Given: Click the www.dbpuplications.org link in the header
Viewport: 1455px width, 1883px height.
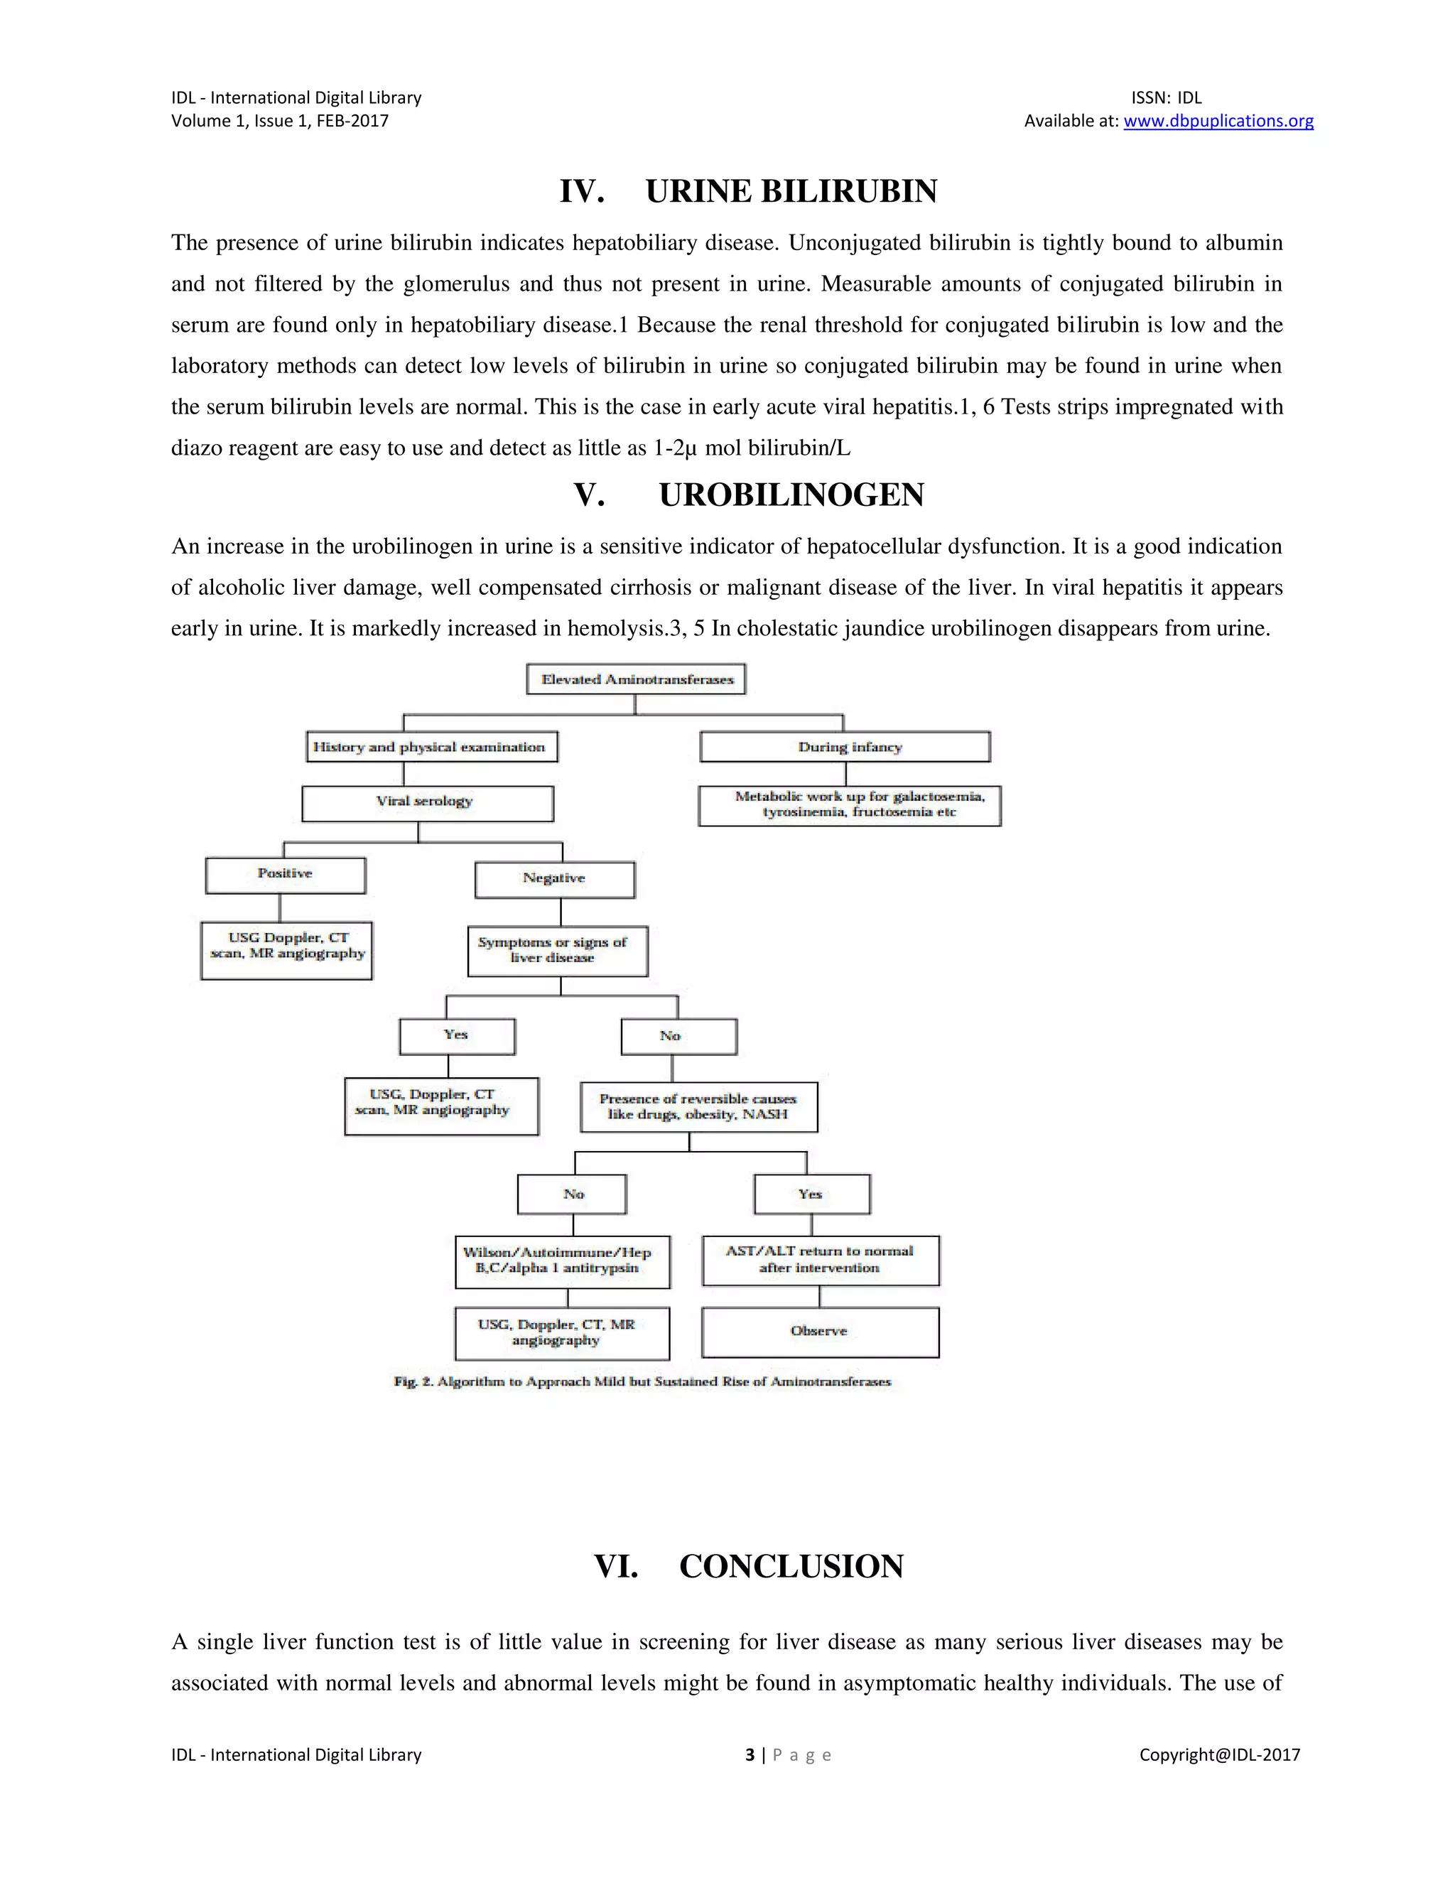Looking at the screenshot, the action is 1218,121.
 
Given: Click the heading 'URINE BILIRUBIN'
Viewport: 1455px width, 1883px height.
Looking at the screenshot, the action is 791,190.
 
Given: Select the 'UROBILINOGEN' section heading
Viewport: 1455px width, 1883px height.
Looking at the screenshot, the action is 791,495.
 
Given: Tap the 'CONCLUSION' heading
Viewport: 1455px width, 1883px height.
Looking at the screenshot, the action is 791,1567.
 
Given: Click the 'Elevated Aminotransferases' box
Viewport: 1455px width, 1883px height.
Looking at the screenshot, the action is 636,679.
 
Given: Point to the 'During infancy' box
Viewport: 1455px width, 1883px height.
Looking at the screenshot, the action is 845,747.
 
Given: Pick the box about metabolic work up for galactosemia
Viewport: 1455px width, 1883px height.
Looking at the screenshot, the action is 849,805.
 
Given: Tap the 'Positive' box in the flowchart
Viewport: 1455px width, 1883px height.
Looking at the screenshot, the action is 286,874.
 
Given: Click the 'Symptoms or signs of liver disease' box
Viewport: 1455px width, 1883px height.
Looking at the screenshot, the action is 557,951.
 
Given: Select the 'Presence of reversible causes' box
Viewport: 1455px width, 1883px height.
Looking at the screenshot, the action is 698,1107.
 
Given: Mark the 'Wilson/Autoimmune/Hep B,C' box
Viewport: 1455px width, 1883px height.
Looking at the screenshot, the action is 562,1262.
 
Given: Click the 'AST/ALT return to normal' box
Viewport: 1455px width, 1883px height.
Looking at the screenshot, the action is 820,1261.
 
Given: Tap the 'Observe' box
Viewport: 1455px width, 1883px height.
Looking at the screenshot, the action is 820,1332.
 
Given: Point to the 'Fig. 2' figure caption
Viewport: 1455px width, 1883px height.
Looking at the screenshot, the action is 642,1382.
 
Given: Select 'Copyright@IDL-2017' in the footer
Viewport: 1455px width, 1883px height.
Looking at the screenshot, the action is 1219,1754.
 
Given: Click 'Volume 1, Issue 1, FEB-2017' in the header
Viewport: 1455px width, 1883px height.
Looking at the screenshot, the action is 280,121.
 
